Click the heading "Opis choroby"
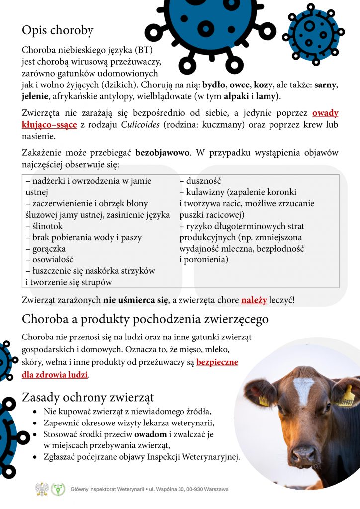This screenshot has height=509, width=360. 57,31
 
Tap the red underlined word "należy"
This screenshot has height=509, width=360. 254,300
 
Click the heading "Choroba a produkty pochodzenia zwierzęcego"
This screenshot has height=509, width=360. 145,319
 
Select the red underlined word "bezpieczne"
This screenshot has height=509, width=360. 217,362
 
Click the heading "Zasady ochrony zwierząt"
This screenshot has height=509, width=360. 88,398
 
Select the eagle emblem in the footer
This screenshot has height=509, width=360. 41,489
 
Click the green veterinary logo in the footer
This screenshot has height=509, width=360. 58,489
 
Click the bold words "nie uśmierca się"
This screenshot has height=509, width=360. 136,300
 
